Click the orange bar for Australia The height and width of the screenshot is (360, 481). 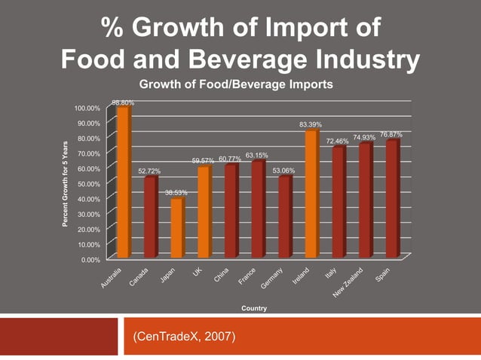123,182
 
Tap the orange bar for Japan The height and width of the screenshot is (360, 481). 177,227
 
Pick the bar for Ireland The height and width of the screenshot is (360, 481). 311,194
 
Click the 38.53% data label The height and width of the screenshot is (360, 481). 176,194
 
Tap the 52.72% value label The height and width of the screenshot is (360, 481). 149,172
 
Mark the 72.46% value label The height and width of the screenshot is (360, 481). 337,141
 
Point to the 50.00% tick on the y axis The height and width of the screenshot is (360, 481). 89,184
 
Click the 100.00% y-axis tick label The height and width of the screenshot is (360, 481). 87,108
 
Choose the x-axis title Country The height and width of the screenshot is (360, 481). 253,309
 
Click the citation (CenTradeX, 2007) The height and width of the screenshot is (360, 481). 184,337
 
